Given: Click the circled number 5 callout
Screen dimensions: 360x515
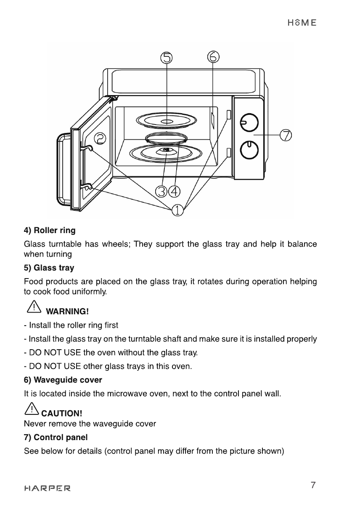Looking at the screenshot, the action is (166, 58).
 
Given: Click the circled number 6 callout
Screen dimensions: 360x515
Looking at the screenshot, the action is (213, 57).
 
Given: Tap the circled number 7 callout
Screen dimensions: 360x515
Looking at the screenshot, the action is (286, 135).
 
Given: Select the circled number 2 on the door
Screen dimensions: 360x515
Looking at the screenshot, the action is (100, 139).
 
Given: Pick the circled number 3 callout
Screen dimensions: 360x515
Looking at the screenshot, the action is (161, 191).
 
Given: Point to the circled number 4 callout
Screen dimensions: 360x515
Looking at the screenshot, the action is (175, 191).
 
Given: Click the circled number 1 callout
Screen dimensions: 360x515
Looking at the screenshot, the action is (177, 210).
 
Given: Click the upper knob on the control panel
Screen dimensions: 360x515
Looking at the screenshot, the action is (249, 122).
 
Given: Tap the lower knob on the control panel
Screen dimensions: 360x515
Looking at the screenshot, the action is (249, 150).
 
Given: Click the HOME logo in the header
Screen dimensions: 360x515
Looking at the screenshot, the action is (302, 23).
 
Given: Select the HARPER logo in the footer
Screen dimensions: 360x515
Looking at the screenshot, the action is (48, 488).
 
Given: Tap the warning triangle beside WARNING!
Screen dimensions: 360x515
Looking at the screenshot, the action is (34, 307).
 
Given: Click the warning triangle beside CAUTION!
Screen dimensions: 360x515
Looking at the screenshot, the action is (32, 409).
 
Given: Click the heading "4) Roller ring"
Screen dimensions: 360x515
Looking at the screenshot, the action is (50, 231).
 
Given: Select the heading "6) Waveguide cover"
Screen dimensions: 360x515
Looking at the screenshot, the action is (63, 380).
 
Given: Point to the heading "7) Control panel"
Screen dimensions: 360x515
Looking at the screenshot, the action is (56, 437).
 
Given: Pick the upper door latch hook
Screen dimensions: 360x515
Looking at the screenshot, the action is (87, 148).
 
